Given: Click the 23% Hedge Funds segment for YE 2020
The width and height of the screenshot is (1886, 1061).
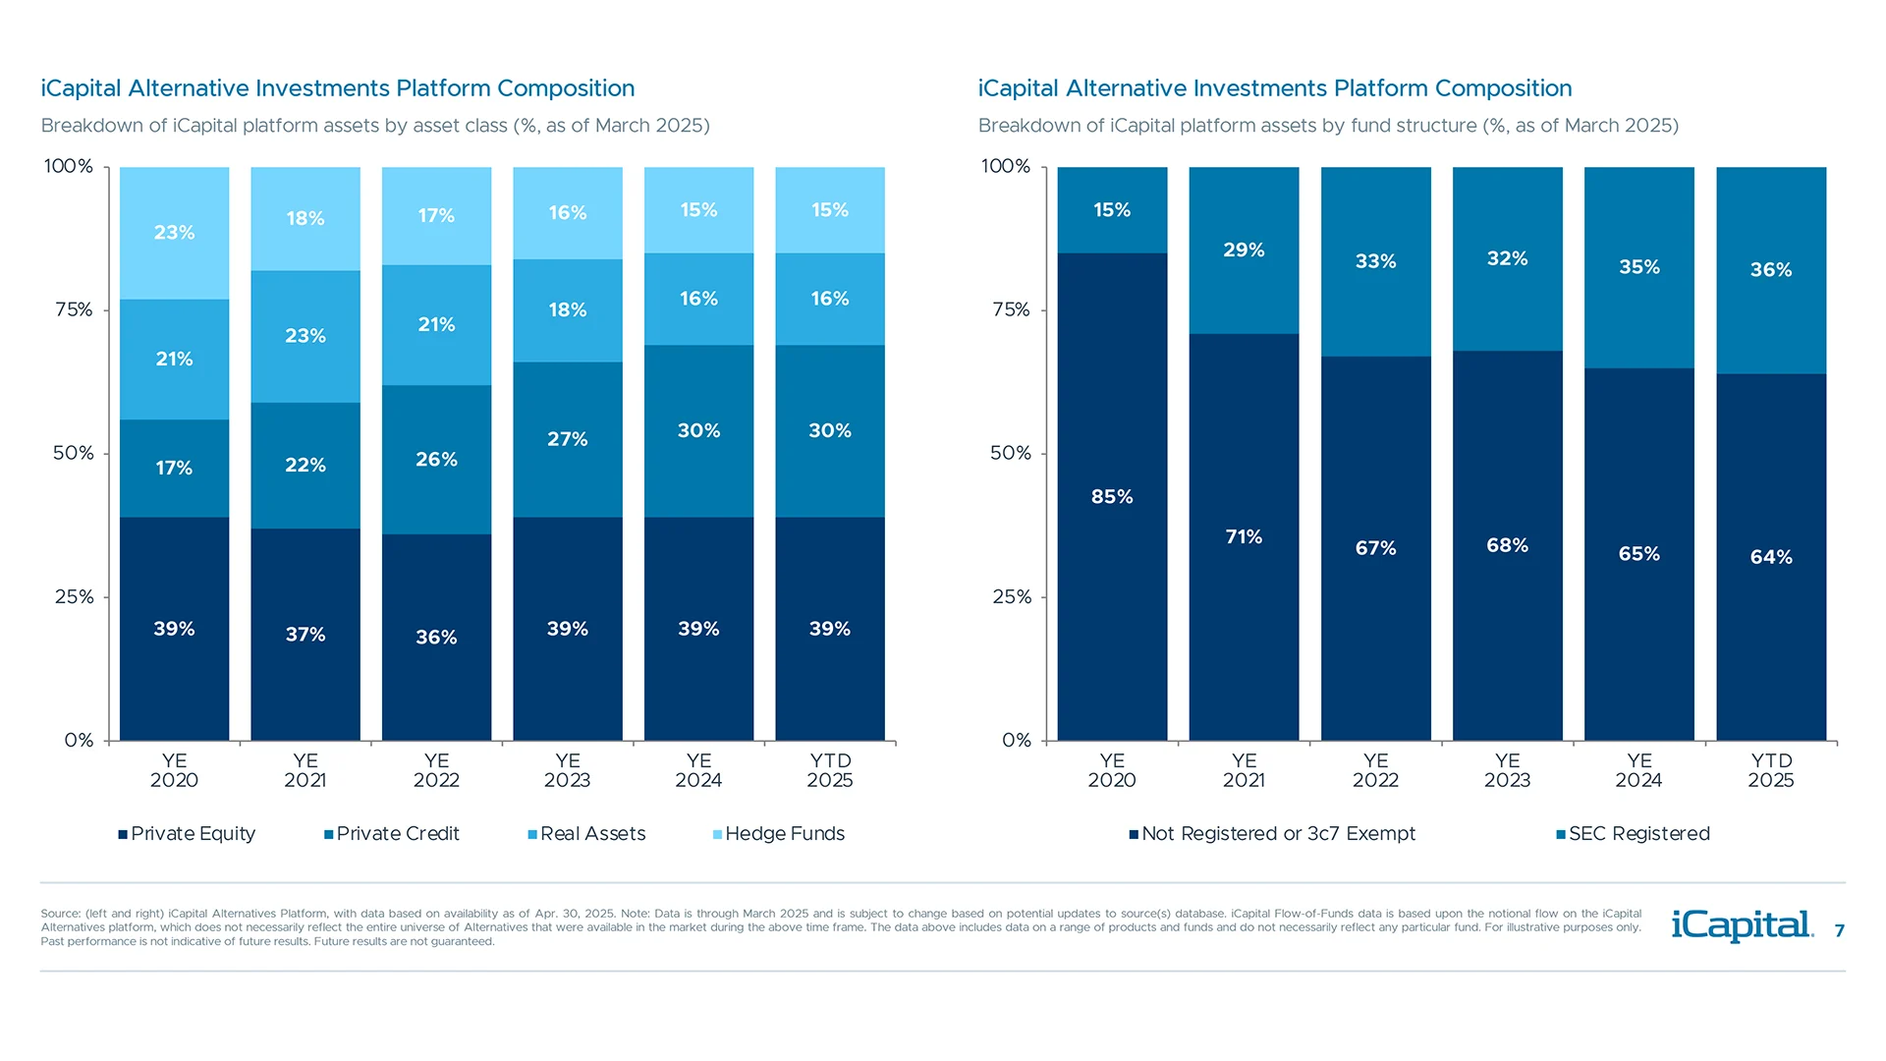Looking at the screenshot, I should pos(174,233).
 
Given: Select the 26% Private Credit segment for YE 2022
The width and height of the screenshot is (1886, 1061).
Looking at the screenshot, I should pos(436,459).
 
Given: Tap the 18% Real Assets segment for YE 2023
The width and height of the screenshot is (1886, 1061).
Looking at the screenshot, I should pos(567,310).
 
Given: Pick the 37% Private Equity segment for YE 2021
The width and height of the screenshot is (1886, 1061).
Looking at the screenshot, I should pos(305,634).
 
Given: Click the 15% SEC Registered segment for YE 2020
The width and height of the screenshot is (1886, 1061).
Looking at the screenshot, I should pos(1112,209).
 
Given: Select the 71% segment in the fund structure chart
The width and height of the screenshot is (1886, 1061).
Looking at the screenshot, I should pos(1244,536).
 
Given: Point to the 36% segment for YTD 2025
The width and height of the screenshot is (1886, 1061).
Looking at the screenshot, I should pos(1770,269).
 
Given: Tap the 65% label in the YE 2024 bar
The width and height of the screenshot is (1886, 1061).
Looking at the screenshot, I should pos(1638,554).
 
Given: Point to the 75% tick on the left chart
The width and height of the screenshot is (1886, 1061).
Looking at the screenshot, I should pos(74,309).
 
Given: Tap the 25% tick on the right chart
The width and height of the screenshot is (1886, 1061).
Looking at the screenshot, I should pos(1011,596).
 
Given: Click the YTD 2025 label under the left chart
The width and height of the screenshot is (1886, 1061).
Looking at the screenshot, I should pos(830,770).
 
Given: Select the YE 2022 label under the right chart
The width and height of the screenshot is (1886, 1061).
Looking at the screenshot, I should pos(1375,770).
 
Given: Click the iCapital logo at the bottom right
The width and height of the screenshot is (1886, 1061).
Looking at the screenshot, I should pos(1742,925).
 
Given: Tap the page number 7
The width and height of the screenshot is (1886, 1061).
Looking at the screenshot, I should pos(1839,930).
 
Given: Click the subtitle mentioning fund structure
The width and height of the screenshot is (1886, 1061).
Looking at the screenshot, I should pos(1328,126).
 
